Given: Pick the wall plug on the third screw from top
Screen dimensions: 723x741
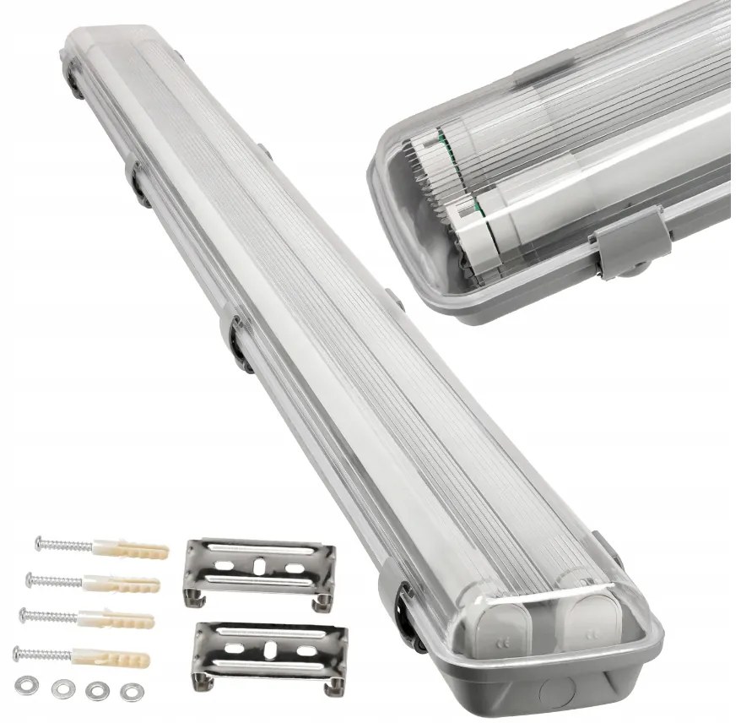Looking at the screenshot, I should point(122,619).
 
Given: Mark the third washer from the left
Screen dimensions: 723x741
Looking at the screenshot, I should point(95,689).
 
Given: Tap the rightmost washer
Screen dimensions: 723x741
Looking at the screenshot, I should point(130,692).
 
